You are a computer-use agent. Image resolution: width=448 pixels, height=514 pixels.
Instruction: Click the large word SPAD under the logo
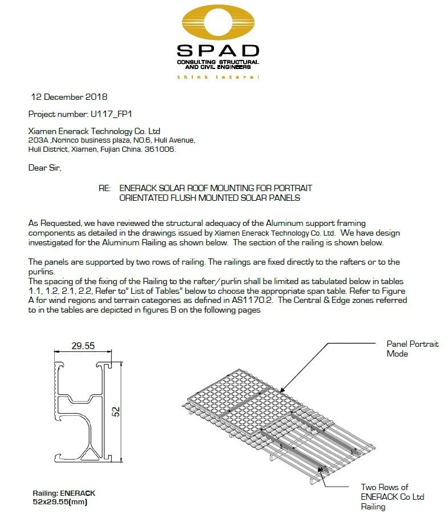pyautogui.click(x=218, y=51)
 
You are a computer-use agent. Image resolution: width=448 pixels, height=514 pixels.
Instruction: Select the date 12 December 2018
pyautogui.click(x=68, y=97)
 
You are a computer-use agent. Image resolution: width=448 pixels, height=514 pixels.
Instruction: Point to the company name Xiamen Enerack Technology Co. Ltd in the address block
pyautogui.click(x=94, y=131)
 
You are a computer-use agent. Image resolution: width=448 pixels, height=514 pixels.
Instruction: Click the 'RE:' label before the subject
pyautogui.click(x=105, y=188)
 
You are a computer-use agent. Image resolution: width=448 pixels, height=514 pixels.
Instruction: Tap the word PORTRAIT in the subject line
pyautogui.click(x=290, y=188)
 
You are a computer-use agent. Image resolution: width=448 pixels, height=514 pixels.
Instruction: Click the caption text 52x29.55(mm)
pyautogui.click(x=60, y=501)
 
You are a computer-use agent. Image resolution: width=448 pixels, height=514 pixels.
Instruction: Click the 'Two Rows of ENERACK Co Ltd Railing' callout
pyautogui.click(x=392, y=496)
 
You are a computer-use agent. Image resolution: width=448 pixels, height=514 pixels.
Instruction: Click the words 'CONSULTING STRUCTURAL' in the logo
pyautogui.click(x=217, y=62)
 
